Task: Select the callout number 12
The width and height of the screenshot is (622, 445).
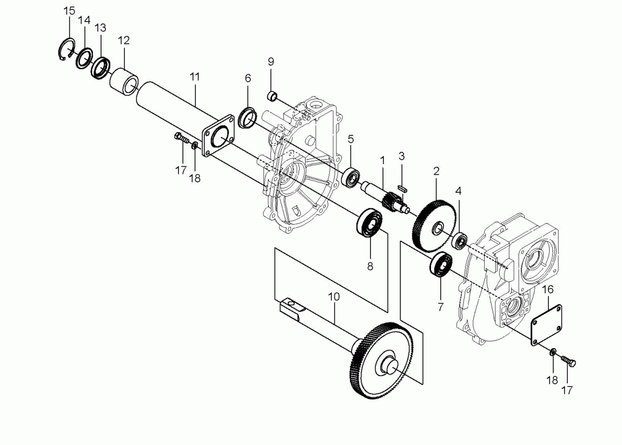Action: click(124, 40)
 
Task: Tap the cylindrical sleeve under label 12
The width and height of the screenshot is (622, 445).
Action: click(123, 81)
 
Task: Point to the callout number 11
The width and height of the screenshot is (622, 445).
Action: click(194, 77)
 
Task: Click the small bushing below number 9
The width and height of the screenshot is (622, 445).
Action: click(272, 96)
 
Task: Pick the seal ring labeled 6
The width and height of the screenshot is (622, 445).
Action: click(247, 117)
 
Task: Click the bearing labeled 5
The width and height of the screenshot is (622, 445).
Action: click(352, 178)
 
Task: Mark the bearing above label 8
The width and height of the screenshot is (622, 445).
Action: click(369, 222)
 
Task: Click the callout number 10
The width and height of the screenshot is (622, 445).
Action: click(334, 297)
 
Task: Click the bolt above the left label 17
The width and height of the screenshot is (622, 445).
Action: click(182, 138)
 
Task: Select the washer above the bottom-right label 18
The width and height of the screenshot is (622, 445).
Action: click(552, 352)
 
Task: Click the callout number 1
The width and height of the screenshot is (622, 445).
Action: click(382, 161)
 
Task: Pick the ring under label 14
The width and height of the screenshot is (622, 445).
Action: click(84, 58)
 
